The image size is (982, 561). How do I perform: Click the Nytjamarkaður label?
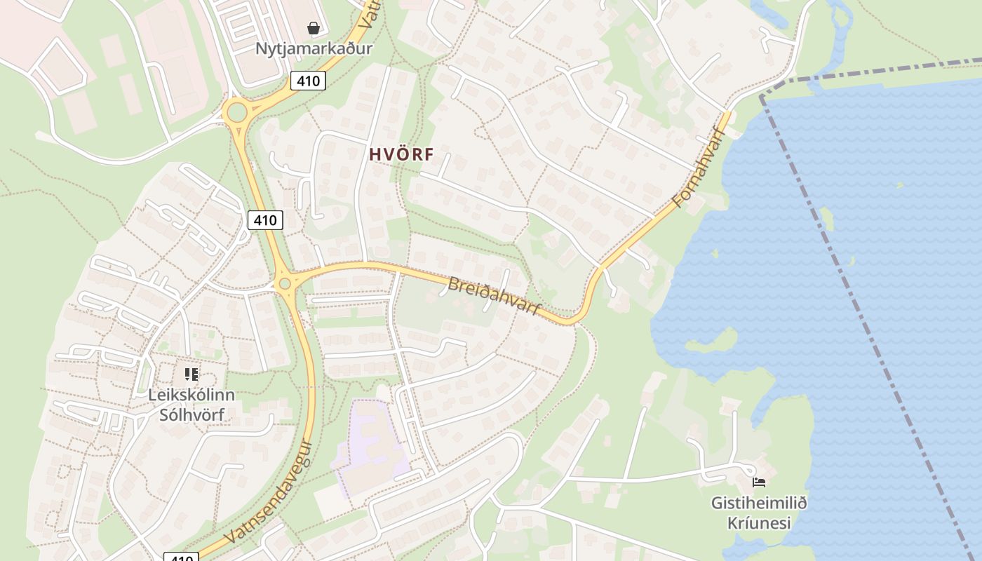(x=314, y=48)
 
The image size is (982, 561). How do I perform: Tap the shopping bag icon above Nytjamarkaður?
(x=314, y=28)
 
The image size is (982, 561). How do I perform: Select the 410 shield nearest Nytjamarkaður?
(x=308, y=81)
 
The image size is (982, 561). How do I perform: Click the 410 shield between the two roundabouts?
(x=265, y=220)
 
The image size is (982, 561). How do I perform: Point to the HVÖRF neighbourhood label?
(x=402, y=155)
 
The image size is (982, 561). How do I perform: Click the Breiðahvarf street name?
(x=495, y=295)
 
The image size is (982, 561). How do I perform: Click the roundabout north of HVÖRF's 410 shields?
(x=236, y=111)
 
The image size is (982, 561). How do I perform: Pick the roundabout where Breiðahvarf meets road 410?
(x=284, y=284)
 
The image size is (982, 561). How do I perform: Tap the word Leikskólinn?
(x=191, y=395)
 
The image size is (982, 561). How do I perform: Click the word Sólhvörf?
(x=191, y=414)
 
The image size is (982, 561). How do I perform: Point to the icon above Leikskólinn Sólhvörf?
(x=191, y=374)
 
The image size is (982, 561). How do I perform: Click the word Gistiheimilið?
(x=759, y=503)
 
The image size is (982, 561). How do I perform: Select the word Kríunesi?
(x=759, y=523)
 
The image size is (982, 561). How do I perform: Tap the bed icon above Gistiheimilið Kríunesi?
(x=758, y=482)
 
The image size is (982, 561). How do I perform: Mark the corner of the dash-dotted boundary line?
(x=762, y=95)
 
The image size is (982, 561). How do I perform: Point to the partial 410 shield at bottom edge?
(x=181, y=557)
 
